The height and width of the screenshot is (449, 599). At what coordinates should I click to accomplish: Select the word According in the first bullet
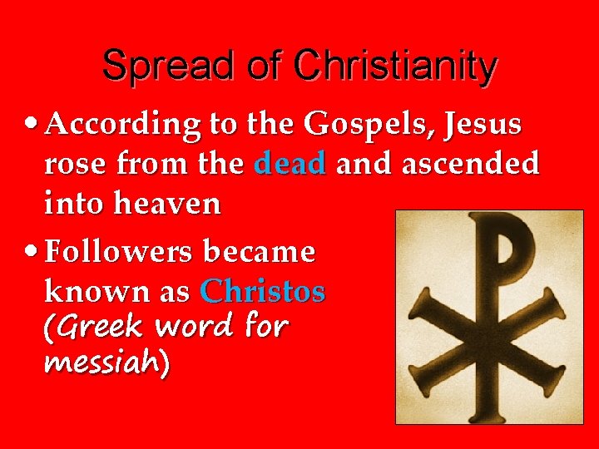click(x=122, y=126)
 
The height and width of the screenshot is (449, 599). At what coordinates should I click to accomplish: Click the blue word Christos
click(x=263, y=292)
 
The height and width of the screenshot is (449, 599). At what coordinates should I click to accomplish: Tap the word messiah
click(x=103, y=363)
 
